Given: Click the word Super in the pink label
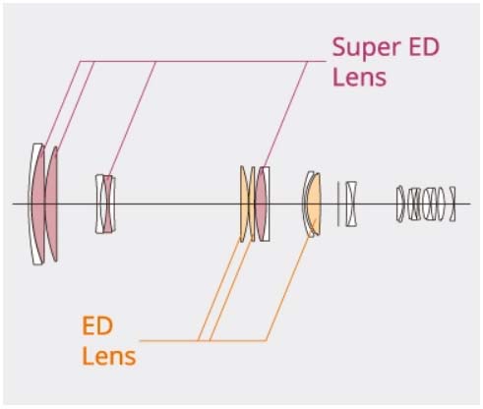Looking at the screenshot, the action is (x=366, y=48).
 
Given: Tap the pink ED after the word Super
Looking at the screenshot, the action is (x=423, y=47).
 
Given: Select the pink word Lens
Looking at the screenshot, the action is (x=359, y=77).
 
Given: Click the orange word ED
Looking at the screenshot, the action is (x=97, y=325).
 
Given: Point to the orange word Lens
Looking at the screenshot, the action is (x=109, y=356).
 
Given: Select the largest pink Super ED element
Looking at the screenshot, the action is (x=38, y=204).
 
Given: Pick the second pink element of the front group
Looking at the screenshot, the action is (x=51, y=204).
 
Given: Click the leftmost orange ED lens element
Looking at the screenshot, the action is (x=244, y=204).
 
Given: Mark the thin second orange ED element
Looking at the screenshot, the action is (x=252, y=204).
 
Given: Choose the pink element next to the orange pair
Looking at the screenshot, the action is (x=262, y=204).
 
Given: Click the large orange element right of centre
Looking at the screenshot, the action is (x=315, y=204).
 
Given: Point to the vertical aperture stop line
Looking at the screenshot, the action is (x=338, y=204).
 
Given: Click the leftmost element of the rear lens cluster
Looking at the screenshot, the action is (x=400, y=204).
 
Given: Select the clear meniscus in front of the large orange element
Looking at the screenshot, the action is (x=306, y=204).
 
